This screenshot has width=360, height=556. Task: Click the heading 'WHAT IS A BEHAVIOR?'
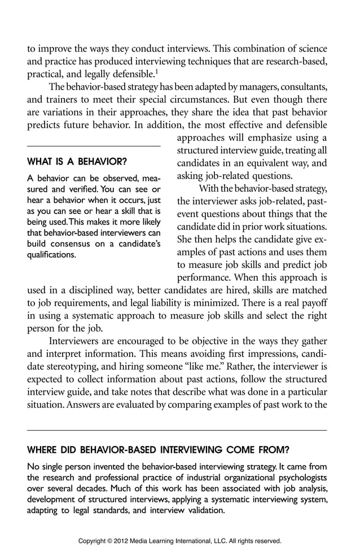(x=77, y=162)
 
